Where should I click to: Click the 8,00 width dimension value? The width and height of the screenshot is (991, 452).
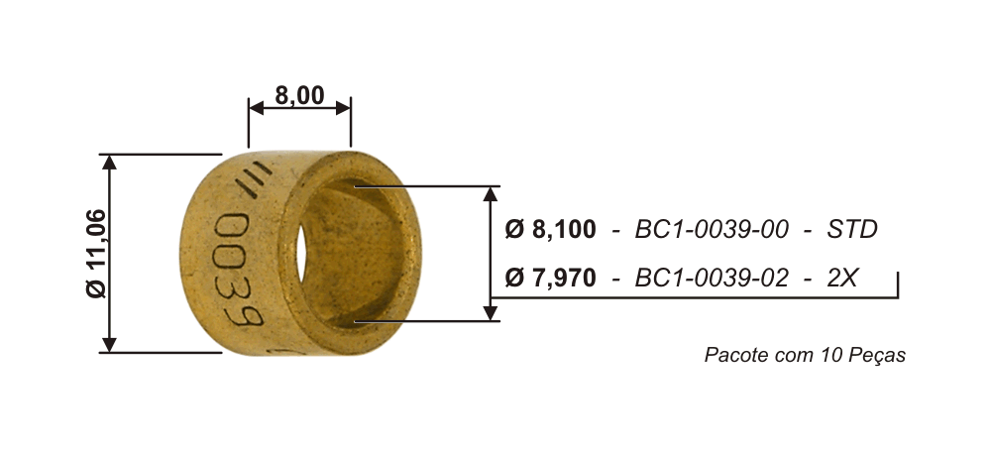299,95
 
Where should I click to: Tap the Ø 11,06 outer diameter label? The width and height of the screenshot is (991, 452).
97,254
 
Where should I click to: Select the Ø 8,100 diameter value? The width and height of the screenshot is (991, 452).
550,230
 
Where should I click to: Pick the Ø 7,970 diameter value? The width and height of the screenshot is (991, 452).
550,277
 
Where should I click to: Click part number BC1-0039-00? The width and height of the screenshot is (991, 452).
712,230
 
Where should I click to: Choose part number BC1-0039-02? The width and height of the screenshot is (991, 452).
712,277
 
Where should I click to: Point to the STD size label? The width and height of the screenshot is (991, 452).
852,230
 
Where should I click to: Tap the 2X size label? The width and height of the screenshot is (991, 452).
841,277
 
